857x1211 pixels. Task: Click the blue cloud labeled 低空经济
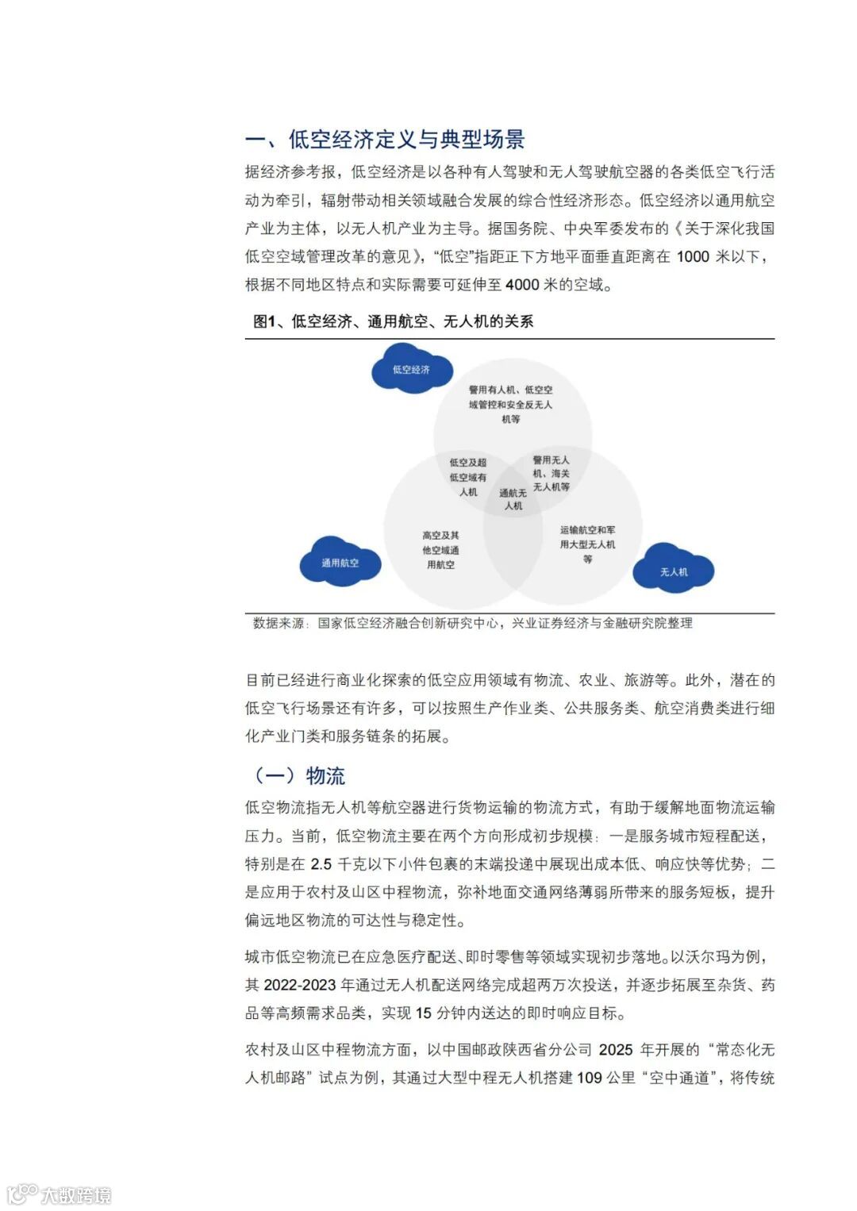pyautogui.click(x=411, y=370)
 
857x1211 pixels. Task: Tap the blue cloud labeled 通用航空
pyautogui.click(x=340, y=563)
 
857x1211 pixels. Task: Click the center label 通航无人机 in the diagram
pyautogui.click(x=513, y=499)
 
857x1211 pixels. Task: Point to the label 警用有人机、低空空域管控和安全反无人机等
pyautogui.click(x=510, y=404)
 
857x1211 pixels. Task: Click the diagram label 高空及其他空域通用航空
pyautogui.click(x=440, y=550)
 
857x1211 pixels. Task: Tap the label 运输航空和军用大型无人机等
pyautogui.click(x=587, y=544)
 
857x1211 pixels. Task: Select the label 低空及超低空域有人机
pyautogui.click(x=468, y=477)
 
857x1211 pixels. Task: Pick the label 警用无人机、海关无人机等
pyautogui.click(x=551, y=473)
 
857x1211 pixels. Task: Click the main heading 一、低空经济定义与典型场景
pyautogui.click(x=385, y=140)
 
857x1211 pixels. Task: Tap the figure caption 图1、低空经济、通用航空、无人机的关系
pyautogui.click(x=393, y=321)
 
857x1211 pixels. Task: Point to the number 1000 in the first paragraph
pyautogui.click(x=693, y=256)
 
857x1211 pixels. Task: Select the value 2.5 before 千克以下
pyautogui.click(x=321, y=864)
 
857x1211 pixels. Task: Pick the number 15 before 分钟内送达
pyautogui.click(x=424, y=1013)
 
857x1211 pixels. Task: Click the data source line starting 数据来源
pyautogui.click(x=472, y=623)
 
